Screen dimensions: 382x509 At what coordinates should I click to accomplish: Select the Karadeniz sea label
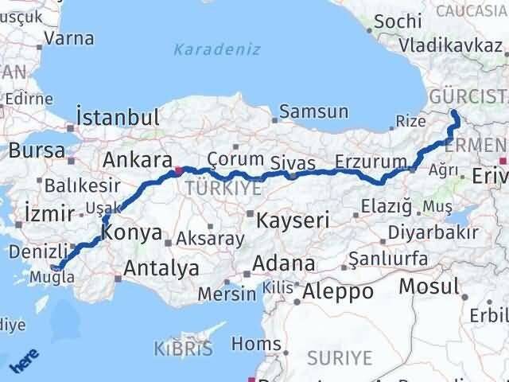coord(217,49)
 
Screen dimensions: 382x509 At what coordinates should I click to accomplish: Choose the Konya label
coord(133,234)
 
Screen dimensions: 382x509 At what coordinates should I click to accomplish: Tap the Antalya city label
coord(162,269)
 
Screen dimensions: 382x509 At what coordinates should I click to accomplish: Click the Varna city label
coord(70,38)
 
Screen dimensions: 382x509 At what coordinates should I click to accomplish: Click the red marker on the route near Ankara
coord(180,170)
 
